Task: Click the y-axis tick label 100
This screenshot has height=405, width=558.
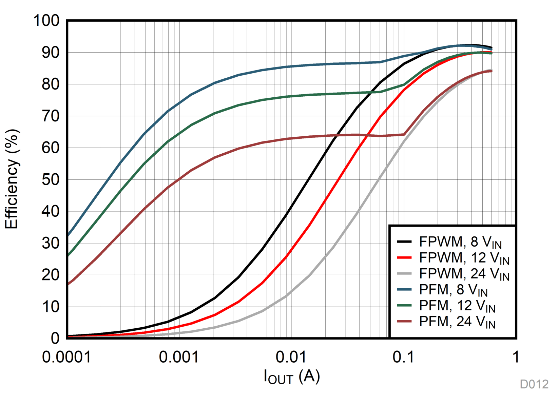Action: [x=46, y=21]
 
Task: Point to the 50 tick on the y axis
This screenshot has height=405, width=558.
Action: [x=50, y=179]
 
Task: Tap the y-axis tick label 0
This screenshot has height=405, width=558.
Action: [x=55, y=338]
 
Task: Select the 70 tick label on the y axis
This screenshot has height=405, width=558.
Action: [x=50, y=116]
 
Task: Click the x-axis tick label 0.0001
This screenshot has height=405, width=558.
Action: [x=66, y=357]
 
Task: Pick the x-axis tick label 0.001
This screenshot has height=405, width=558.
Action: [x=179, y=357]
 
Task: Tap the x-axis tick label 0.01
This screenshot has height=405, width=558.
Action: [x=291, y=357]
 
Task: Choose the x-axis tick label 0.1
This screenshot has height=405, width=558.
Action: [x=403, y=357]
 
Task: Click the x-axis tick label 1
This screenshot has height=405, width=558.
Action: [x=516, y=357]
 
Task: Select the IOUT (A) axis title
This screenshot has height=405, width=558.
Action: [x=292, y=377]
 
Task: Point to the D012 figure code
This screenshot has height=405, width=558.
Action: [x=534, y=384]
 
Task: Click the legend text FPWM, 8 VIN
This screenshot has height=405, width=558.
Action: [x=460, y=242]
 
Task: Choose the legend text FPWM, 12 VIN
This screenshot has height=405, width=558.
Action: [x=464, y=258]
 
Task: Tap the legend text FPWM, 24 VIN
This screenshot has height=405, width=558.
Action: [x=464, y=274]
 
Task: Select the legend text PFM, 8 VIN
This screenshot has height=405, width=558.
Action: [x=453, y=290]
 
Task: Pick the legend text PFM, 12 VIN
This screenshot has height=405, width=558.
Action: [x=457, y=306]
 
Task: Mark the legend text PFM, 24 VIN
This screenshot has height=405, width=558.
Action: [x=457, y=322]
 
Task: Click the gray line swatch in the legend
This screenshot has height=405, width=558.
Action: [x=404, y=273]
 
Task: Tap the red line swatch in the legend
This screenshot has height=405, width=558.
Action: [x=404, y=257]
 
